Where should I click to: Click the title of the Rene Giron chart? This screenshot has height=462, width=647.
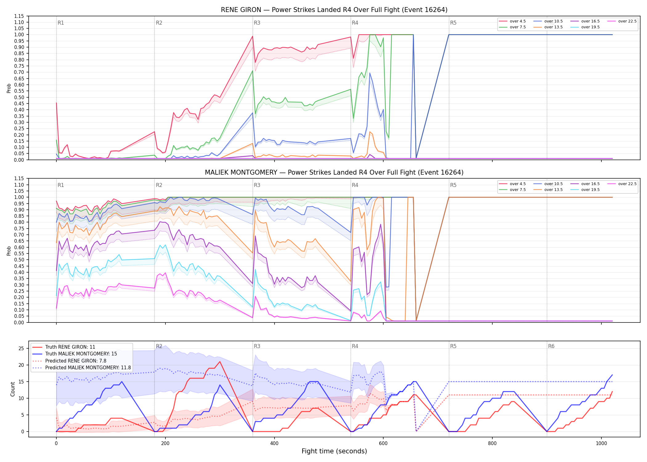[334, 10]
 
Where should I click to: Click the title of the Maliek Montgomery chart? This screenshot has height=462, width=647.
[334, 172]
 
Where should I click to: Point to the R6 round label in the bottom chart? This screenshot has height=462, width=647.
[551, 346]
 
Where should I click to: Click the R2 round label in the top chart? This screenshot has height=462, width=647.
[159, 23]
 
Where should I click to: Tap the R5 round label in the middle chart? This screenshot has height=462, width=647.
[453, 185]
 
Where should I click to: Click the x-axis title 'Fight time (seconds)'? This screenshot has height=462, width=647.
[334, 451]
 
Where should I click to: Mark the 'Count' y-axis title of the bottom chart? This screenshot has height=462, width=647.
[13, 389]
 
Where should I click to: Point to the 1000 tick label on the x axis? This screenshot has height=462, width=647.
[601, 444]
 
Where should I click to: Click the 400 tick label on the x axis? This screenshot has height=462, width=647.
[274, 444]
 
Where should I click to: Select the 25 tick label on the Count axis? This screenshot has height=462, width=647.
[21, 349]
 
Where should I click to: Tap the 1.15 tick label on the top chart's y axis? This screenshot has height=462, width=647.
[19, 16]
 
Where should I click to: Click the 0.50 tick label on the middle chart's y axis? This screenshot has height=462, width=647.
[19, 260]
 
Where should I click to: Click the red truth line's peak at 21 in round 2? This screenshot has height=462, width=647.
[220, 362]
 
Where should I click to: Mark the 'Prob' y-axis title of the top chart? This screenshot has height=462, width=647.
[9, 88]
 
